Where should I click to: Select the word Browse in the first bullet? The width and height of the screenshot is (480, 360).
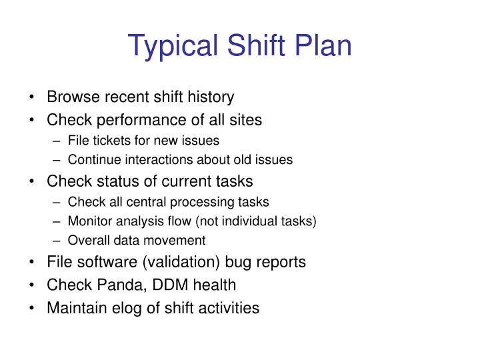[71, 97]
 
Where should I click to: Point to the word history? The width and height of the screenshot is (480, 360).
[211, 97]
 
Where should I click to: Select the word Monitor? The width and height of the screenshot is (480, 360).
[89, 221]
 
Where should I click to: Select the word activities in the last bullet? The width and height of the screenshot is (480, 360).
[227, 309]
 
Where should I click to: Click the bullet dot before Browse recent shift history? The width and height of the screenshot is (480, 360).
[33, 98]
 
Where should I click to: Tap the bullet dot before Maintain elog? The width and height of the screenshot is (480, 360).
[33, 309]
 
